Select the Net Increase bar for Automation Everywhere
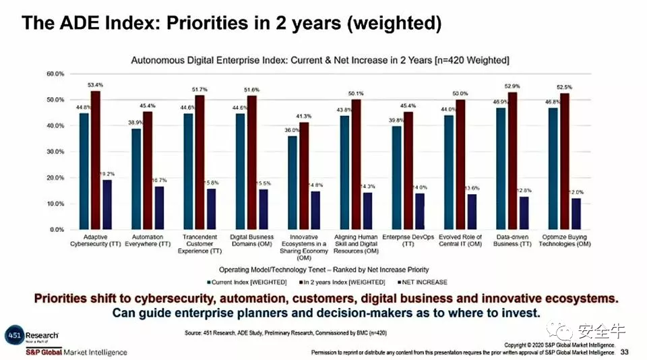[x=160, y=208]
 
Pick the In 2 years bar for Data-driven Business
[x=514, y=161]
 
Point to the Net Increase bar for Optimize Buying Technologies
[x=576, y=214]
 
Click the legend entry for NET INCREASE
[x=423, y=282]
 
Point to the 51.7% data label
[x=200, y=90]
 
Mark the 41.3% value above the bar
[x=306, y=117]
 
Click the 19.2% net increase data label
[x=108, y=174]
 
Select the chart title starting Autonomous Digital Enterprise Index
[x=320, y=61]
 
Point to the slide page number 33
[x=624, y=352]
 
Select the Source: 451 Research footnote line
[x=286, y=333]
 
